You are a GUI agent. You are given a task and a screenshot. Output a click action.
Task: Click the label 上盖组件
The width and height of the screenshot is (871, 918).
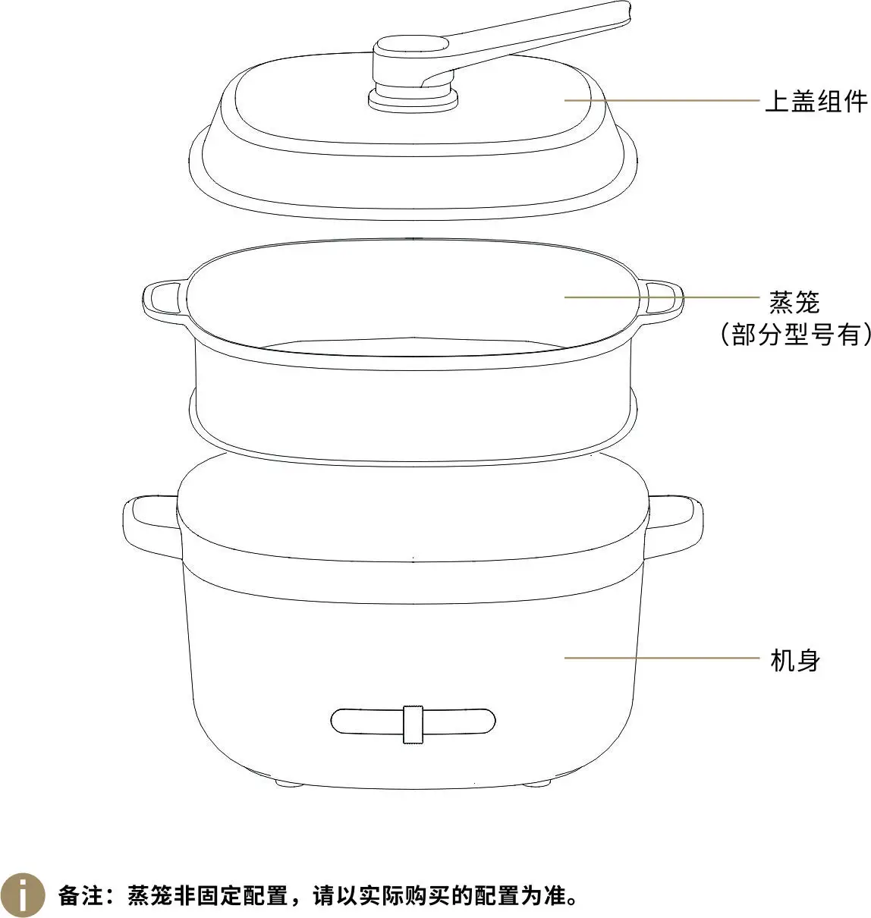(x=816, y=102)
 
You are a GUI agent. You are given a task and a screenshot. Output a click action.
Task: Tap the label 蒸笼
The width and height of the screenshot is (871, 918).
(x=795, y=302)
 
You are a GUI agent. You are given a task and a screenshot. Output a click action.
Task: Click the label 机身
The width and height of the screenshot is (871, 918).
(x=795, y=660)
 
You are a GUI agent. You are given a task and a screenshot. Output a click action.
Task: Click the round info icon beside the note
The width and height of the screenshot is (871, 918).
(x=23, y=895)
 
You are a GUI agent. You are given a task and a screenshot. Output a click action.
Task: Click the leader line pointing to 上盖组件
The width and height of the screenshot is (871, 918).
(x=662, y=100)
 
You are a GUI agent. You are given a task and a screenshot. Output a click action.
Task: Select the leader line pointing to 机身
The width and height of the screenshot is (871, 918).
(x=662, y=658)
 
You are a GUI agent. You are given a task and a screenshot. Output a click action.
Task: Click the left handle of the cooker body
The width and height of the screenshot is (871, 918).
(x=150, y=527)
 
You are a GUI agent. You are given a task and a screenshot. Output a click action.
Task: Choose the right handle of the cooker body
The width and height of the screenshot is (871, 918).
(x=674, y=527)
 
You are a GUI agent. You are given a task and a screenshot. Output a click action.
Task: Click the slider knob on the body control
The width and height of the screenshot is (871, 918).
(x=413, y=725)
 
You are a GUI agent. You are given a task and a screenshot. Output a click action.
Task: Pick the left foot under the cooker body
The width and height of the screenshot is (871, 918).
(x=288, y=784)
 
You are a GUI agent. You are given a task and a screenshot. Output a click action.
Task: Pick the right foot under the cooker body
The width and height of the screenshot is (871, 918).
(x=536, y=784)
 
